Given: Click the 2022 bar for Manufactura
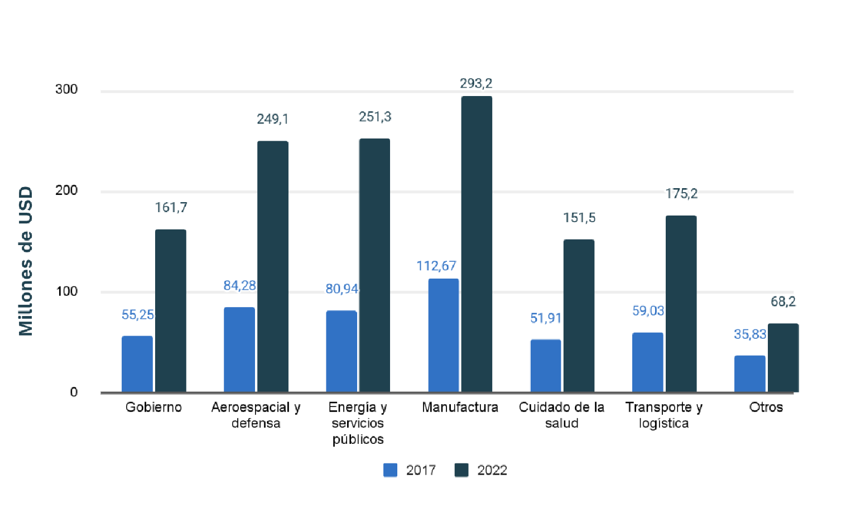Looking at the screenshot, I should tap(477, 244).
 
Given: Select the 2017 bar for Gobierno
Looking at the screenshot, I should tap(137, 363).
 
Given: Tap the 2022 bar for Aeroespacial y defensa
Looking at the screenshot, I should tap(273, 266).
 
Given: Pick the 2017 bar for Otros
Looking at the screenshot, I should tap(749, 374).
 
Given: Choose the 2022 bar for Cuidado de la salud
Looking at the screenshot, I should tap(579, 315).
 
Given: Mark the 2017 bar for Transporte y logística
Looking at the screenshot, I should tap(647, 362).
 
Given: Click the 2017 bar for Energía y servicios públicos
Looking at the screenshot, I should tap(342, 351).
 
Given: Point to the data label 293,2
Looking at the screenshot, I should tap(476, 83).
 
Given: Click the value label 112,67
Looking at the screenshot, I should tap(436, 266).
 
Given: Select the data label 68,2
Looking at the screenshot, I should tap(783, 301).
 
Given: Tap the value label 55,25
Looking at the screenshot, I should tap(138, 315).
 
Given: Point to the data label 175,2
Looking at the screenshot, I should tap(681, 194).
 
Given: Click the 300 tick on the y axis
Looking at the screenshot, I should tap(66, 89).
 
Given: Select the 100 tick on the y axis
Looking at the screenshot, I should tap(66, 291).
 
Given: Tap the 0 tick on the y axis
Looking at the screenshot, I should tap(74, 392).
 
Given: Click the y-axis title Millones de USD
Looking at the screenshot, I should tap(26, 261).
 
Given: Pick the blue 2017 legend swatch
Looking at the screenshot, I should tap(391, 470).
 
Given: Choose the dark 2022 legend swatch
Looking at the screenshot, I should tap(461, 470).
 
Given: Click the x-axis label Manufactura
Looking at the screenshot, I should tap(460, 407).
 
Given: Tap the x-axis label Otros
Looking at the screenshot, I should tap(766, 407).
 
